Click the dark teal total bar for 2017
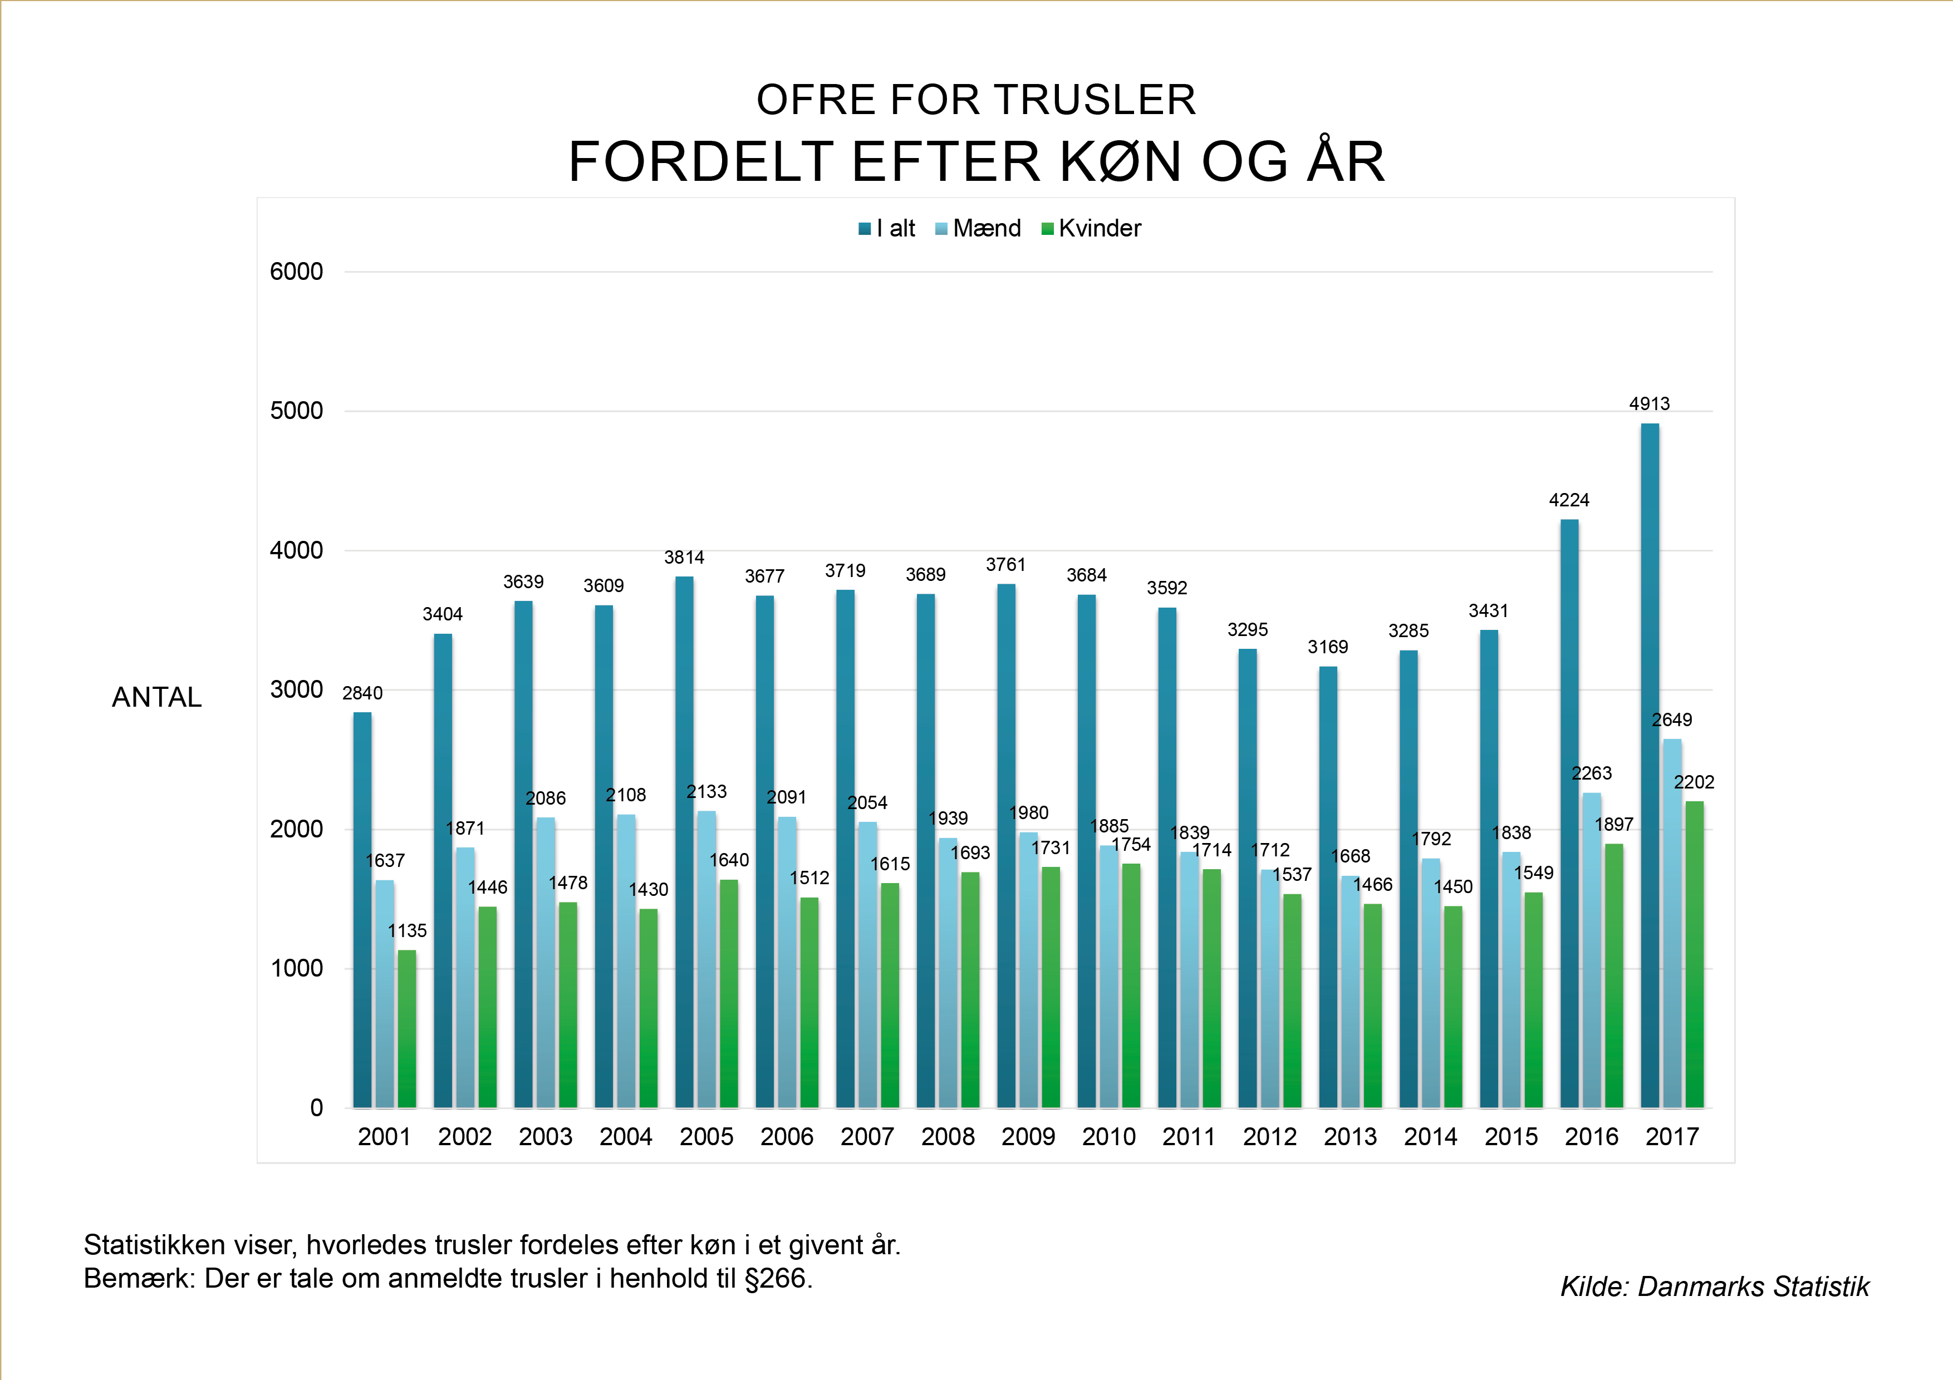(1650, 765)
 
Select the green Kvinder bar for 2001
(406, 1029)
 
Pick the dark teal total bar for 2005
(684, 842)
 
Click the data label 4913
(1650, 404)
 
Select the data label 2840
(362, 693)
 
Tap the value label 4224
(1568, 500)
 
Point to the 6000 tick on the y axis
(296, 272)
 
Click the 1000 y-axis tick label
(296, 968)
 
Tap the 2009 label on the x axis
(1028, 1137)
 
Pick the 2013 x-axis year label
(1350, 1137)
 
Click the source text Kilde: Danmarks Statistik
(1715, 1287)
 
